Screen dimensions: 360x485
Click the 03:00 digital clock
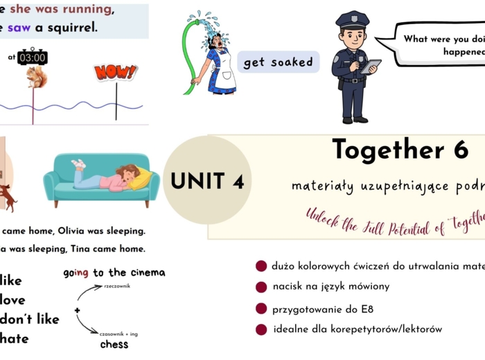click(x=33, y=57)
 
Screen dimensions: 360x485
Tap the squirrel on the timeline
click(x=35, y=78)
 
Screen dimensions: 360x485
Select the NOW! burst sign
click(x=115, y=71)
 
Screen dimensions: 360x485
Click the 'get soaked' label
click(x=278, y=62)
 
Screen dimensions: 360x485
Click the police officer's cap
click(x=353, y=19)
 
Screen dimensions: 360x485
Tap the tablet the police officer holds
click(x=371, y=66)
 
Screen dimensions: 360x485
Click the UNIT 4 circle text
click(x=207, y=181)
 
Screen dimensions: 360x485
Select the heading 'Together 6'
click(x=400, y=150)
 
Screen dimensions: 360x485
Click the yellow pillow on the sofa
click(x=141, y=179)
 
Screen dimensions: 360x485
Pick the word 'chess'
click(x=114, y=344)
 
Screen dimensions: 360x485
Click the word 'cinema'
click(x=144, y=273)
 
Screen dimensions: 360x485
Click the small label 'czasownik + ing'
click(x=118, y=334)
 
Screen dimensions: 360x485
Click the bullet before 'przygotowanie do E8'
click(x=261, y=309)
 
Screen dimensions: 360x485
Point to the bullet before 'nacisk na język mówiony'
click(x=261, y=287)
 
